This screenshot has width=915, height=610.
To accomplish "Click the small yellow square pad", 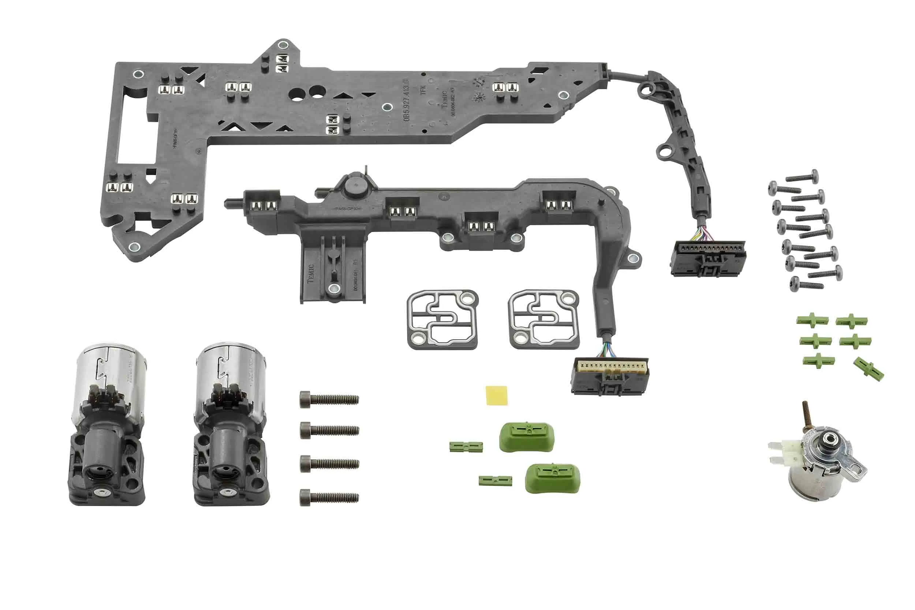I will [x=497, y=395].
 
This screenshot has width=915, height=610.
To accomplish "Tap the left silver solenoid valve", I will [x=108, y=424].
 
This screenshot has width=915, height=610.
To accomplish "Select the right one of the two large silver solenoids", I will [x=231, y=424].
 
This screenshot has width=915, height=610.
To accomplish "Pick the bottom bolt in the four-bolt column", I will [x=329, y=497].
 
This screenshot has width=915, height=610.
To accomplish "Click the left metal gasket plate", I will [x=443, y=319].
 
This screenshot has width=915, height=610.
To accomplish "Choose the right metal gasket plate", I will [x=544, y=319].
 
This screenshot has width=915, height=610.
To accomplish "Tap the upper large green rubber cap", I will [x=526, y=437].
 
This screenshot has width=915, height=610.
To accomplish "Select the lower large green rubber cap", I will [x=552, y=478].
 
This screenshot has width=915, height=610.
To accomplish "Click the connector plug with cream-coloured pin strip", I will [x=610, y=375].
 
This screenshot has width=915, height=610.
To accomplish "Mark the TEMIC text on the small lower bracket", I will [x=310, y=273].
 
